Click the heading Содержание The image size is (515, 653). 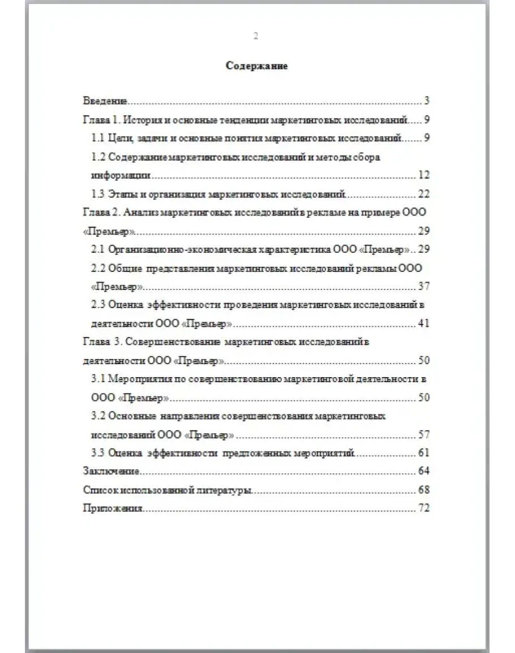[257, 66]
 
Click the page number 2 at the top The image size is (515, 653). [256, 36]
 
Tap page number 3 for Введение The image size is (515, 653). [427, 101]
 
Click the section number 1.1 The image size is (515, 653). [98, 138]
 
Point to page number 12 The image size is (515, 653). [424, 175]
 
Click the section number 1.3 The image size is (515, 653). [98, 194]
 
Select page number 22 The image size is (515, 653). [424, 194]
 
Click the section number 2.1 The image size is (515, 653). [98, 249]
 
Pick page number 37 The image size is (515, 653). [424, 287]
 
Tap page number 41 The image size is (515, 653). [424, 323]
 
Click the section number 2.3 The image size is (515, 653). [98, 305]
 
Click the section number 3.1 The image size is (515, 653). [98, 379]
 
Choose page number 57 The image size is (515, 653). [424, 435]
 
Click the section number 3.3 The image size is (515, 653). [98, 453]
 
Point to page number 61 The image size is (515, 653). [424, 453]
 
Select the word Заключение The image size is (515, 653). [111, 471]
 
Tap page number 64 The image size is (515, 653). [424, 471]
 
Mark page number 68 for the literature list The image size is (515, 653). [424, 490]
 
